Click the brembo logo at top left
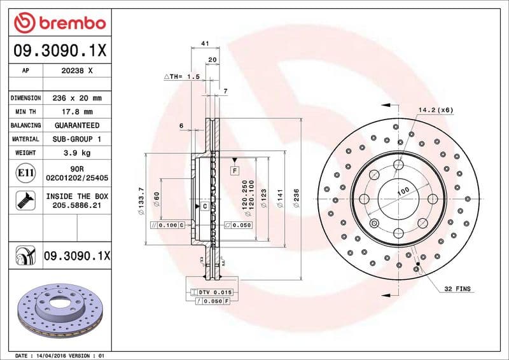coord(60,24)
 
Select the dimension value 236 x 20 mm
coord(76,99)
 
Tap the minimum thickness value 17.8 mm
coord(76,112)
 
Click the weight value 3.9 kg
coord(76,153)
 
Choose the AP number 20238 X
coord(76,71)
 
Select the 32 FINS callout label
coord(457,289)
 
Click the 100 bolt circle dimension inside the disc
coord(403,191)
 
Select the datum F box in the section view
coord(234,171)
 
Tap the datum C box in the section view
coord(205,207)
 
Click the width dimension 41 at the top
coord(205,43)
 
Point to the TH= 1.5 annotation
coord(182,76)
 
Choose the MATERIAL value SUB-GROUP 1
coord(76,139)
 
